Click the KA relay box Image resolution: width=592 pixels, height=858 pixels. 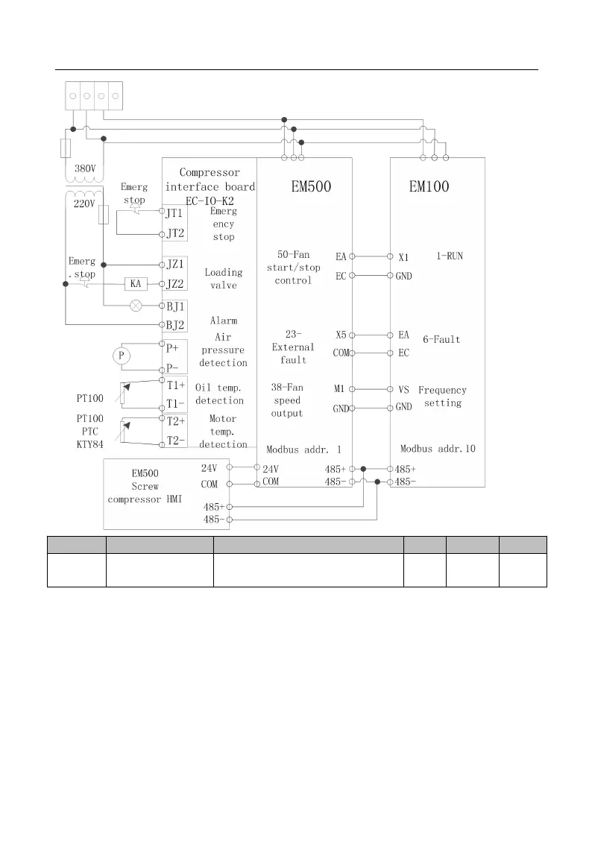tap(136, 284)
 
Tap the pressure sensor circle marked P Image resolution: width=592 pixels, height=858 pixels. tap(119, 356)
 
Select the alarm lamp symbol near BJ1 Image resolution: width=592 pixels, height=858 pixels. tap(136, 305)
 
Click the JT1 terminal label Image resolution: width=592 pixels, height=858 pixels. tap(173, 212)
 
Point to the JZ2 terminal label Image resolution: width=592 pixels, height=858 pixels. tap(174, 284)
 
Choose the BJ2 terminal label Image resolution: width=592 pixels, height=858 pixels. tap(174, 324)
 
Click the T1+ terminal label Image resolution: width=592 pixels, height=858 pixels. tap(176, 385)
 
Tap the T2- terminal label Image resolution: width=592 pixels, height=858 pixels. tap(176, 440)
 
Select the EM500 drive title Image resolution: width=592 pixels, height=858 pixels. tap(310, 187)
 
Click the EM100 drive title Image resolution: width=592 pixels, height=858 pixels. tap(429, 187)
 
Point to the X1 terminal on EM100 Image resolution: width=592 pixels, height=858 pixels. tap(403, 256)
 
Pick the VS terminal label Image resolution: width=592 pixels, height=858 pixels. tap(403, 389)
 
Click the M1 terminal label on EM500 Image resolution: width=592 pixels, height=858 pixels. tap(339, 389)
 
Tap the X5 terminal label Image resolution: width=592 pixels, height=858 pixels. tap(340, 335)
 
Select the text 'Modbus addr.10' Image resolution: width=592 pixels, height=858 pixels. tap(438, 449)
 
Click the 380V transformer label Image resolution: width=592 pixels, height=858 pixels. tap(85, 168)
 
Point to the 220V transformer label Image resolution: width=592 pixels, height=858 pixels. tap(85, 204)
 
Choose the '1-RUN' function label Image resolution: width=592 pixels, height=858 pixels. tap(450, 256)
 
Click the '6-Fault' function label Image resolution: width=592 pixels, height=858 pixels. tap(441, 339)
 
